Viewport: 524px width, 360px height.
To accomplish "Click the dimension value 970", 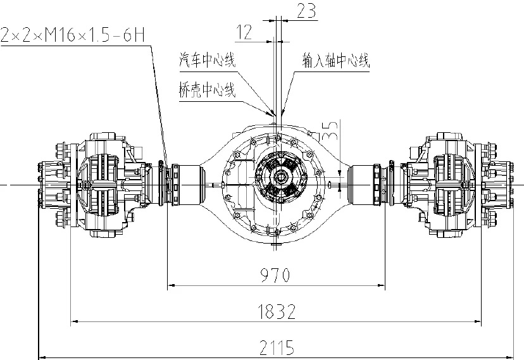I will pyautogui.click(x=275, y=275).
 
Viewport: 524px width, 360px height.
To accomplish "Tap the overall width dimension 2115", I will pyautogui.click(x=277, y=347).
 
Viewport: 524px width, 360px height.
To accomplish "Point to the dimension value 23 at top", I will pyautogui.click(x=306, y=10).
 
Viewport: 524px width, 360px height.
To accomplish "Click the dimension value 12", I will pyautogui.click(x=245, y=31).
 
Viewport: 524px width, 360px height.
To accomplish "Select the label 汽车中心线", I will pyautogui.click(x=208, y=61).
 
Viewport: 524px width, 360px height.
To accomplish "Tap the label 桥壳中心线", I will pyautogui.click(x=208, y=90).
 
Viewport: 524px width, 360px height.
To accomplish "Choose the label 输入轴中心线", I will pyautogui.click(x=335, y=61).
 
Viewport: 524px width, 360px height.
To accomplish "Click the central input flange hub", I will pyautogui.click(x=279, y=183).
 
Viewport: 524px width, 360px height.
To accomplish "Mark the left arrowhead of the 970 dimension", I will pyautogui.click(x=170, y=286).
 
